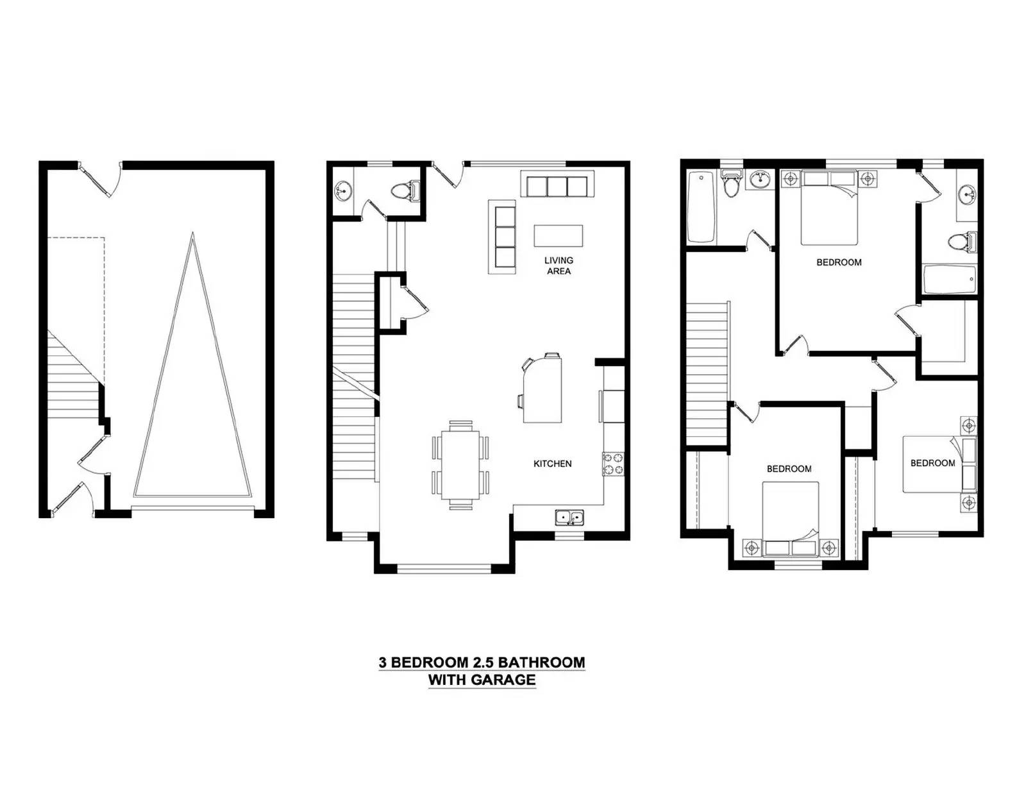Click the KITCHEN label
point(552,464)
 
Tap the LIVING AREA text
point(559,265)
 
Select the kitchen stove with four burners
point(613,464)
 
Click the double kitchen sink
point(569,518)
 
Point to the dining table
point(460,465)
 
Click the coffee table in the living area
point(558,235)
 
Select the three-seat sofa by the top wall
point(557,184)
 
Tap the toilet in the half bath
point(405,190)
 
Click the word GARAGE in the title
point(502,680)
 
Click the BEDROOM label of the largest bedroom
point(839,262)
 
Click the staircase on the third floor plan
point(706,374)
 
